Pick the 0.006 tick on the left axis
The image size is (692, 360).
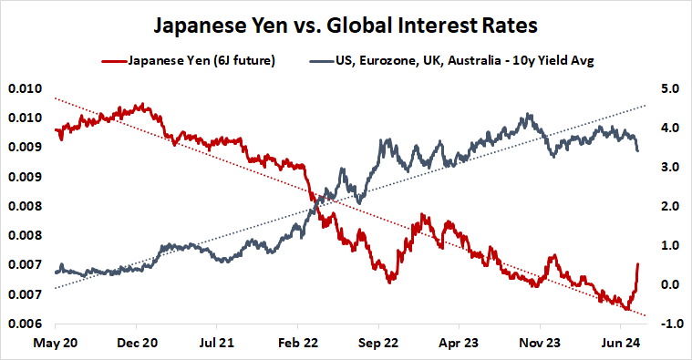(26, 324)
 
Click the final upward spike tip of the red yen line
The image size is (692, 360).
(638, 263)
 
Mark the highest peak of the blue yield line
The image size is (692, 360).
(528, 115)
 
